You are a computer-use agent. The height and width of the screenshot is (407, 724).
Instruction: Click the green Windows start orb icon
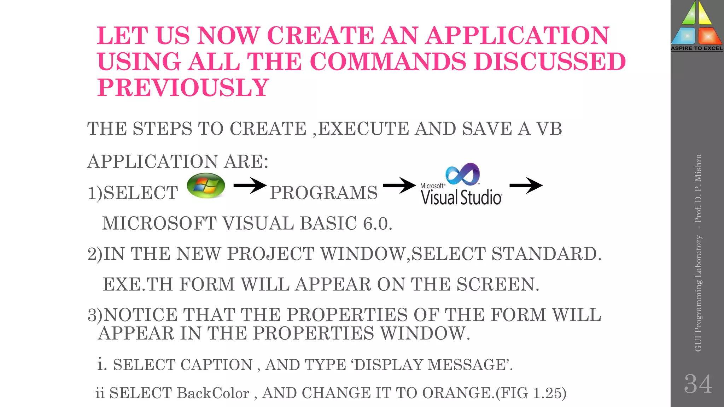(x=206, y=185)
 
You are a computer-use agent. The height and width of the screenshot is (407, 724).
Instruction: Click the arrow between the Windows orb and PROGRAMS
(x=250, y=185)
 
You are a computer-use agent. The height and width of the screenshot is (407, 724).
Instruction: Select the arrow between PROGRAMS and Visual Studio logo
(x=399, y=185)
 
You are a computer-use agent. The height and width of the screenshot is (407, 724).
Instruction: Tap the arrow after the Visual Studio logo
(x=526, y=185)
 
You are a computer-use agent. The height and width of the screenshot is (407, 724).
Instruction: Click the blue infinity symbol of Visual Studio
(x=463, y=174)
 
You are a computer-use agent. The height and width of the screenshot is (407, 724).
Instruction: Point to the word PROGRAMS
(x=324, y=193)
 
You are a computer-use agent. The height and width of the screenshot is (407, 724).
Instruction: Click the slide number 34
(x=698, y=384)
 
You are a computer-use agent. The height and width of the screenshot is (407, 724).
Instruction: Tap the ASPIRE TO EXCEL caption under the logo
(x=697, y=48)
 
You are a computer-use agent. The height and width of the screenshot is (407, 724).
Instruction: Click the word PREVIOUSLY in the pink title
(x=183, y=88)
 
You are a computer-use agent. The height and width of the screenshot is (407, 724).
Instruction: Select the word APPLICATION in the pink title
(x=517, y=36)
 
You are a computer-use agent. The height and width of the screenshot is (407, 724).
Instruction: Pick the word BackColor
(x=213, y=393)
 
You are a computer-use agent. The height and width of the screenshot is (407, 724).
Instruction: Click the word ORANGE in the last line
(x=457, y=393)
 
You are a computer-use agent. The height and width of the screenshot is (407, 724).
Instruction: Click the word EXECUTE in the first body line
(x=364, y=129)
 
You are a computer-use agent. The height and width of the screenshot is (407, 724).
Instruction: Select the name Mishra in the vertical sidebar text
(x=698, y=167)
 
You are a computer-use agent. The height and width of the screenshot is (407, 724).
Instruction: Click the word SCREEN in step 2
(x=497, y=284)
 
